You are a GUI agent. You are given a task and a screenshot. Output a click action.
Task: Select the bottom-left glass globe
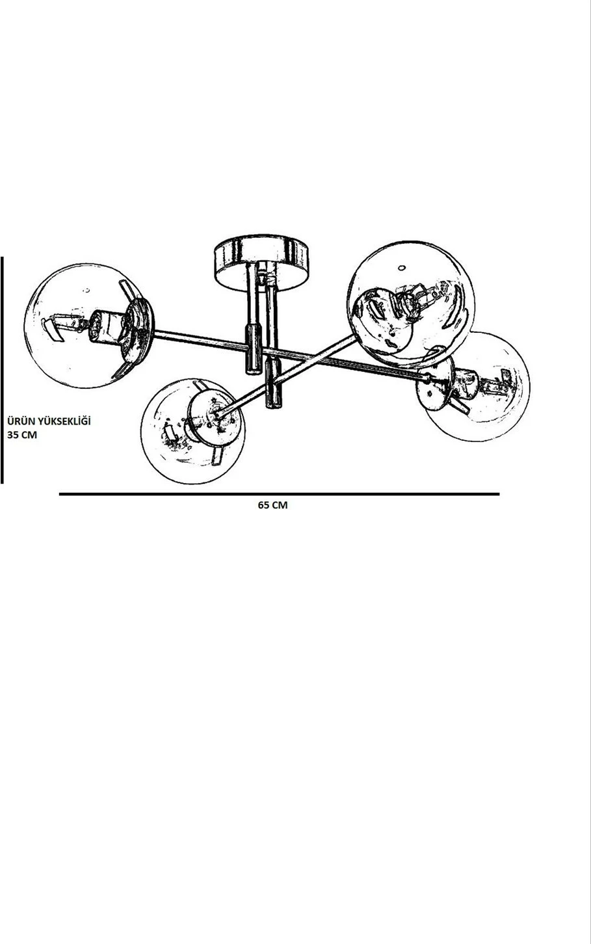pyautogui.click(x=193, y=431)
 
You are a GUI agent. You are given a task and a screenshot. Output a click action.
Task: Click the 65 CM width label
pyautogui.click(x=272, y=505)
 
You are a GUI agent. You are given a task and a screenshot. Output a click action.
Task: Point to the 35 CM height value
pyautogui.click(x=22, y=435)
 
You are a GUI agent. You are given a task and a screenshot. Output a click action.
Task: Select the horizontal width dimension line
pyautogui.click(x=279, y=494)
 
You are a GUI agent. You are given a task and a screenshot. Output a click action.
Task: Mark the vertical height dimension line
pyautogui.click(x=2, y=370)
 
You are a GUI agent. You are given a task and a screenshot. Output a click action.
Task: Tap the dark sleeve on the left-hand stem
pyautogui.click(x=254, y=349)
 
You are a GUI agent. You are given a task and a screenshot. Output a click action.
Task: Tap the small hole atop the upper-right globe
pyautogui.click(x=402, y=268)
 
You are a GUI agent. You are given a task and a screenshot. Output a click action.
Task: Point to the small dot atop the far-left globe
pyautogui.click(x=87, y=291)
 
